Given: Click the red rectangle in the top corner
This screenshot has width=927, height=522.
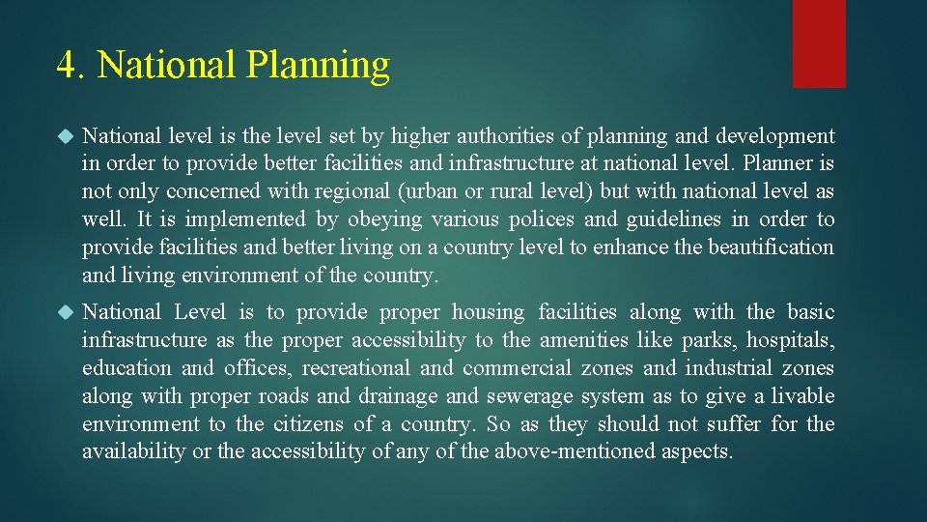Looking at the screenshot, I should pos(819,43).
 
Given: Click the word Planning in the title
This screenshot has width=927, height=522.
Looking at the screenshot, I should pos(318,66).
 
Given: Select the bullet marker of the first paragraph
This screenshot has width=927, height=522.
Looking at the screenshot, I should pos(65,136).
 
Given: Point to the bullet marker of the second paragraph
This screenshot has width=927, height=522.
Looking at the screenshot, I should pos(65,312).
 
